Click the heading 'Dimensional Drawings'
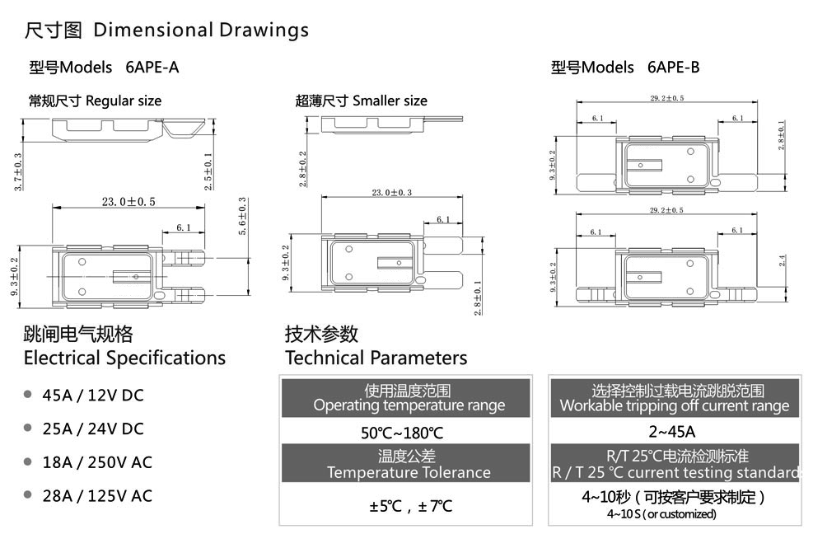201,30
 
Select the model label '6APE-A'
152,68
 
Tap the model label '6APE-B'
674,68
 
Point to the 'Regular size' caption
124,101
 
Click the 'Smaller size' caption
390,101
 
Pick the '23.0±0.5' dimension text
128,201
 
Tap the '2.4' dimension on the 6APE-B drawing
783,262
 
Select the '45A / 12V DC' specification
93,396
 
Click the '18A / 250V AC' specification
97,462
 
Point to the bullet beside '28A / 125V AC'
28,495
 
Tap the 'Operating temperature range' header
409,405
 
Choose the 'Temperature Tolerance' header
409,472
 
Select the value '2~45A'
673,432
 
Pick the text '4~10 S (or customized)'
661,514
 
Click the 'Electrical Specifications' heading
124,358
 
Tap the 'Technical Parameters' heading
376,358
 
